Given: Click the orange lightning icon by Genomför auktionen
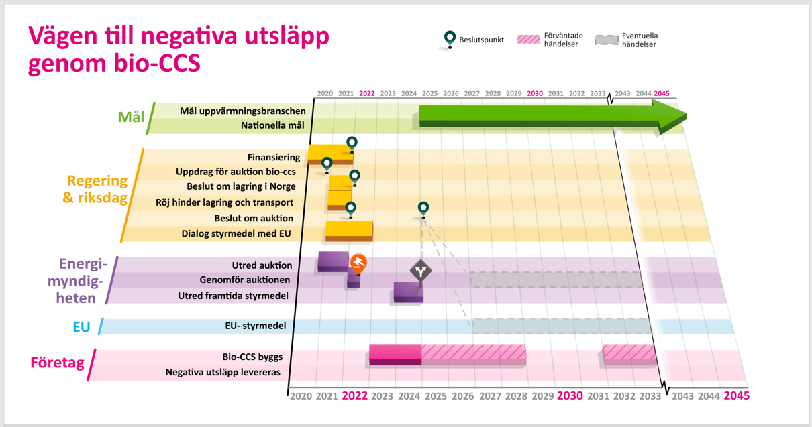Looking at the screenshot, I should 359,262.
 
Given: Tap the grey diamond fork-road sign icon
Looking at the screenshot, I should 421,271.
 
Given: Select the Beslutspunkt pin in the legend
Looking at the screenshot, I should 450,38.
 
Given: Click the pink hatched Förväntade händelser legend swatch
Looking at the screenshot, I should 529,39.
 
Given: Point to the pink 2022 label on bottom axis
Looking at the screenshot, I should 355,396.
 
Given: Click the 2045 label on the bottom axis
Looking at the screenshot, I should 736,396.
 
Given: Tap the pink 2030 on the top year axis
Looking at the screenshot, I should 535,94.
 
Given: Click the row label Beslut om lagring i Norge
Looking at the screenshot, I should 241,187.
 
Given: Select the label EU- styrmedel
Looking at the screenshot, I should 256,326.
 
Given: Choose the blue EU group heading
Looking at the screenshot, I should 81,327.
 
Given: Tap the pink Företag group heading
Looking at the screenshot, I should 57,363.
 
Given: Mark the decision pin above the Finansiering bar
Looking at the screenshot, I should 352,143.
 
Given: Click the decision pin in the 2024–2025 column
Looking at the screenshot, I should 423,208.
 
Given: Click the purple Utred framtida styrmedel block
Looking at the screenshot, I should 408,292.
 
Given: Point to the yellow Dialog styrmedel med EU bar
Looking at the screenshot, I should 349,230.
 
